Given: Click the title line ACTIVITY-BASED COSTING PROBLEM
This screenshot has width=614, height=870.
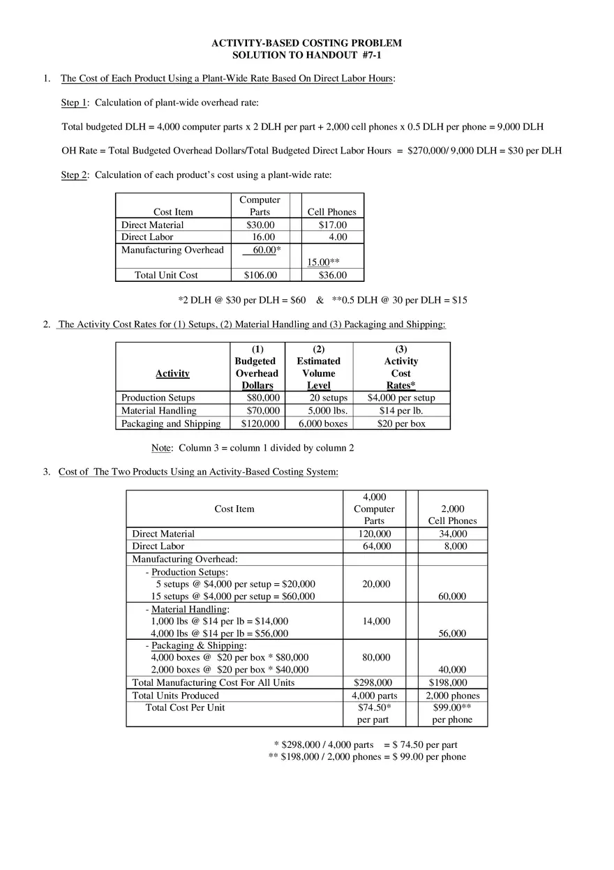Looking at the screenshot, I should click(x=306, y=43).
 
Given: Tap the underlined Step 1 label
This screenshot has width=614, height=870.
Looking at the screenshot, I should click(x=74, y=103).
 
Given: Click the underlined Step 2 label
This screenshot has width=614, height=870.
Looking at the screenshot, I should click(x=74, y=175).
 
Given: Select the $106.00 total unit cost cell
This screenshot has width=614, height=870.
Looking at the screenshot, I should click(x=261, y=276).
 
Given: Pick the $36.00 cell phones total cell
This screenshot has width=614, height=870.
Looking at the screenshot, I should click(x=332, y=276).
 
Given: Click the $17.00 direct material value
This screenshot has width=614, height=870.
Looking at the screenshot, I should click(x=332, y=225).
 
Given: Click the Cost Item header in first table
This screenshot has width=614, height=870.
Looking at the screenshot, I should click(x=173, y=212).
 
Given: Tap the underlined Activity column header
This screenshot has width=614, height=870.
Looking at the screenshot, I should click(x=172, y=374).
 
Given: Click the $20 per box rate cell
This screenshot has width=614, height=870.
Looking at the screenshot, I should click(x=401, y=423).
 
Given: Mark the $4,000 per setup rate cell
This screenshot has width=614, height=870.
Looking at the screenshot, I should click(x=401, y=398).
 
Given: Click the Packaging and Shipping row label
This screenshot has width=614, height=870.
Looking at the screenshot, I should click(x=171, y=423).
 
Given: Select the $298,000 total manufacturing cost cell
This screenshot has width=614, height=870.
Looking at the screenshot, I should click(x=373, y=683).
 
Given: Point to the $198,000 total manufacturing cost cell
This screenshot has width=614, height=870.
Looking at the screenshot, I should click(x=448, y=683).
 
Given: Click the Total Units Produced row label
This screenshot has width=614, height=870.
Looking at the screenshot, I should click(x=176, y=696).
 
